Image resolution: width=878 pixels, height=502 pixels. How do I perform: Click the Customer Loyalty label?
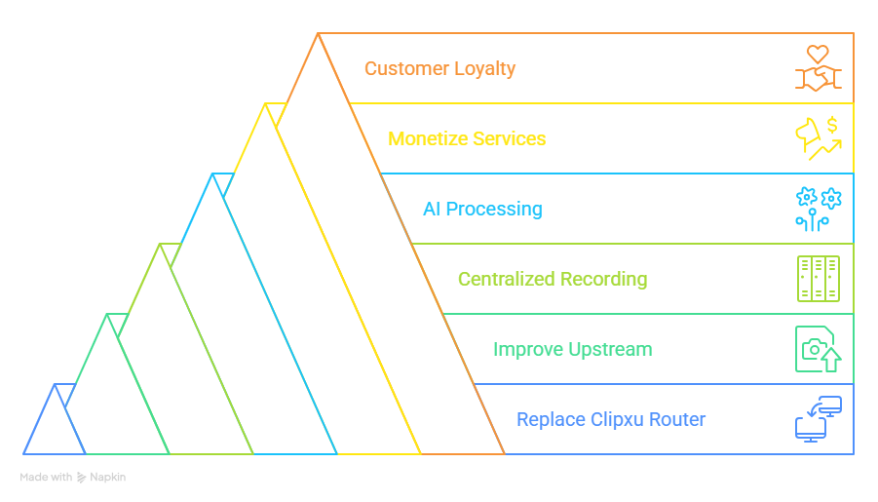(439, 69)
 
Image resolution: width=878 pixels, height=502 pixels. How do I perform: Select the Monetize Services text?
(467, 138)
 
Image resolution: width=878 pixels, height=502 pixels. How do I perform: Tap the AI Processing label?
(482, 209)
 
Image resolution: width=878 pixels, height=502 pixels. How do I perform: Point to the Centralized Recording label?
(553, 279)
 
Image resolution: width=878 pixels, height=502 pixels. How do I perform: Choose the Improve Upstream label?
(573, 350)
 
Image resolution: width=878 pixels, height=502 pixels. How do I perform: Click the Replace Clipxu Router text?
(611, 419)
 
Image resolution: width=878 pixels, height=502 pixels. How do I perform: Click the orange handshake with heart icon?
(819, 68)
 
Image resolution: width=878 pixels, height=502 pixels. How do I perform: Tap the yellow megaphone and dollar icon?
(819, 138)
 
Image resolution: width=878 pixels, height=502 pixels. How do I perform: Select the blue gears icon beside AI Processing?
(819, 209)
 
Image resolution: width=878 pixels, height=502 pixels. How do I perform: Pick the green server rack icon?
(819, 279)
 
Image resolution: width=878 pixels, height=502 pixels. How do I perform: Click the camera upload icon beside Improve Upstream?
(819, 349)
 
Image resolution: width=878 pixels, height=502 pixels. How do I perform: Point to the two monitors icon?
(819, 419)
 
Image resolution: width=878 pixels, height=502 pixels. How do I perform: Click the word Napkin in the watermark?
(107, 478)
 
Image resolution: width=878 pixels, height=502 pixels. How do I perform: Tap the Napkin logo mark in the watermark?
(81, 478)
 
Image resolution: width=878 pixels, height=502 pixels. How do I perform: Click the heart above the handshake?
(818, 55)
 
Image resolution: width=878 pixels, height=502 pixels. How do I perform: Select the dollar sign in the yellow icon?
(832, 125)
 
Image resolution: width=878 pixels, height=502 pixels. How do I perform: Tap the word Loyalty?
(485, 69)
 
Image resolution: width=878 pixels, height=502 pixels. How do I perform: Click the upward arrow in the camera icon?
(831, 359)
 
